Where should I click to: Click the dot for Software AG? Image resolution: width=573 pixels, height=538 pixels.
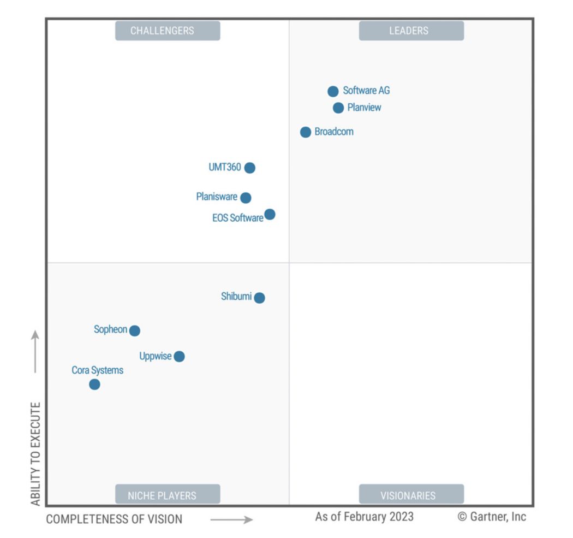tap(333, 91)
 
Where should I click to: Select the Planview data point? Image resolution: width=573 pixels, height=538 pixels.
tap(338, 108)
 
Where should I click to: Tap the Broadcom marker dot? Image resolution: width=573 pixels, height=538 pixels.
tap(306, 132)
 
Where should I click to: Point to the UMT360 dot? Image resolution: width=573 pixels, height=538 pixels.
tap(249, 168)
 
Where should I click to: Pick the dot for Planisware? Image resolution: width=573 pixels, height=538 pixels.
tap(246, 198)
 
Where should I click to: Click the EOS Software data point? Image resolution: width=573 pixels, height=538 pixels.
tap(270, 214)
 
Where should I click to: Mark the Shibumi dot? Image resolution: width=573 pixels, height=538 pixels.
tap(259, 298)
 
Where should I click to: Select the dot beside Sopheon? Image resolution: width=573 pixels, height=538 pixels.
tap(135, 330)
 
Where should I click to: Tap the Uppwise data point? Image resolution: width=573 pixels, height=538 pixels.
tap(179, 357)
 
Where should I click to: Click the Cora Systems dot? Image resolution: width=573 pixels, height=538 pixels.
tap(94, 385)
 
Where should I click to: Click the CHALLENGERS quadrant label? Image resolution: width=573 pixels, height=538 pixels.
tap(168, 31)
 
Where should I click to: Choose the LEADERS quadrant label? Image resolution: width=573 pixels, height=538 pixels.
tap(411, 31)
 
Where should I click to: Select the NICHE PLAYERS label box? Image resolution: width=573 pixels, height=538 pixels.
tap(168, 495)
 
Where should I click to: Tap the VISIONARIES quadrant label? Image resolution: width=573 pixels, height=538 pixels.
tap(411, 495)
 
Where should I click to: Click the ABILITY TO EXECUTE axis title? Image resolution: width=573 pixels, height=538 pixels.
tap(35, 453)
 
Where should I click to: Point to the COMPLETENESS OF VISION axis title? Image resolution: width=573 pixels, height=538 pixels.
tap(114, 519)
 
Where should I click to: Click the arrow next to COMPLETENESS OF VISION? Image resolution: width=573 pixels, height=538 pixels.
tap(232, 520)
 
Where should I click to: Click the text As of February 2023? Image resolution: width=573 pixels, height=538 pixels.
tap(364, 517)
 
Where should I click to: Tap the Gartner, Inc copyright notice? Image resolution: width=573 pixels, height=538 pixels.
tap(492, 517)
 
